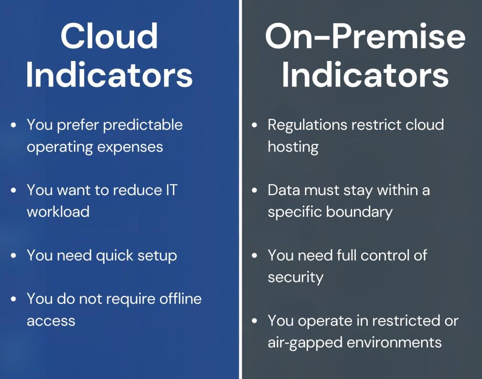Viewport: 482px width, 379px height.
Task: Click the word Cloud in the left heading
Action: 109,36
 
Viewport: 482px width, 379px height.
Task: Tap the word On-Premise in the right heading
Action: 365,37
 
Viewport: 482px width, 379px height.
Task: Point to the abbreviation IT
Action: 171,190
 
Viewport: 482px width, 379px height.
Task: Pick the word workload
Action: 58,212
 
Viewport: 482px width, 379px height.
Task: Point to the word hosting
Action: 293,147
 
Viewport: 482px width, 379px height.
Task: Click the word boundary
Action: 359,212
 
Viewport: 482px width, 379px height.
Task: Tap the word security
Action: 296,277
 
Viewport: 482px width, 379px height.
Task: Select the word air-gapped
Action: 305,343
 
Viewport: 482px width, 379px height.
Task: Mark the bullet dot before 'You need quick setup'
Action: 13,255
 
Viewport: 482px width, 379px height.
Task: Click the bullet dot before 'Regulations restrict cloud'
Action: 254,125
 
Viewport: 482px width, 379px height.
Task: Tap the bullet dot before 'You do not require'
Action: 13,299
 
